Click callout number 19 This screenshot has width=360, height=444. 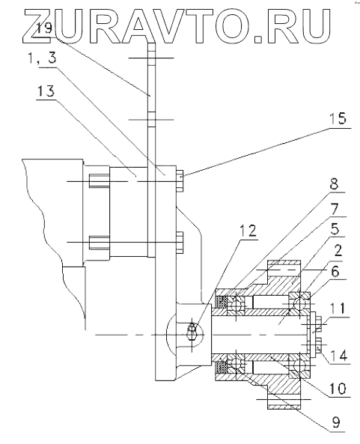[44, 28]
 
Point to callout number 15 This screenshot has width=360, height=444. [338, 118]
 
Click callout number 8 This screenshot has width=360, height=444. [334, 185]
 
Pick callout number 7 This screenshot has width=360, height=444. [335, 209]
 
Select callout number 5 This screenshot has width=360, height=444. [335, 229]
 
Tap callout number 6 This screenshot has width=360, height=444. [335, 272]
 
